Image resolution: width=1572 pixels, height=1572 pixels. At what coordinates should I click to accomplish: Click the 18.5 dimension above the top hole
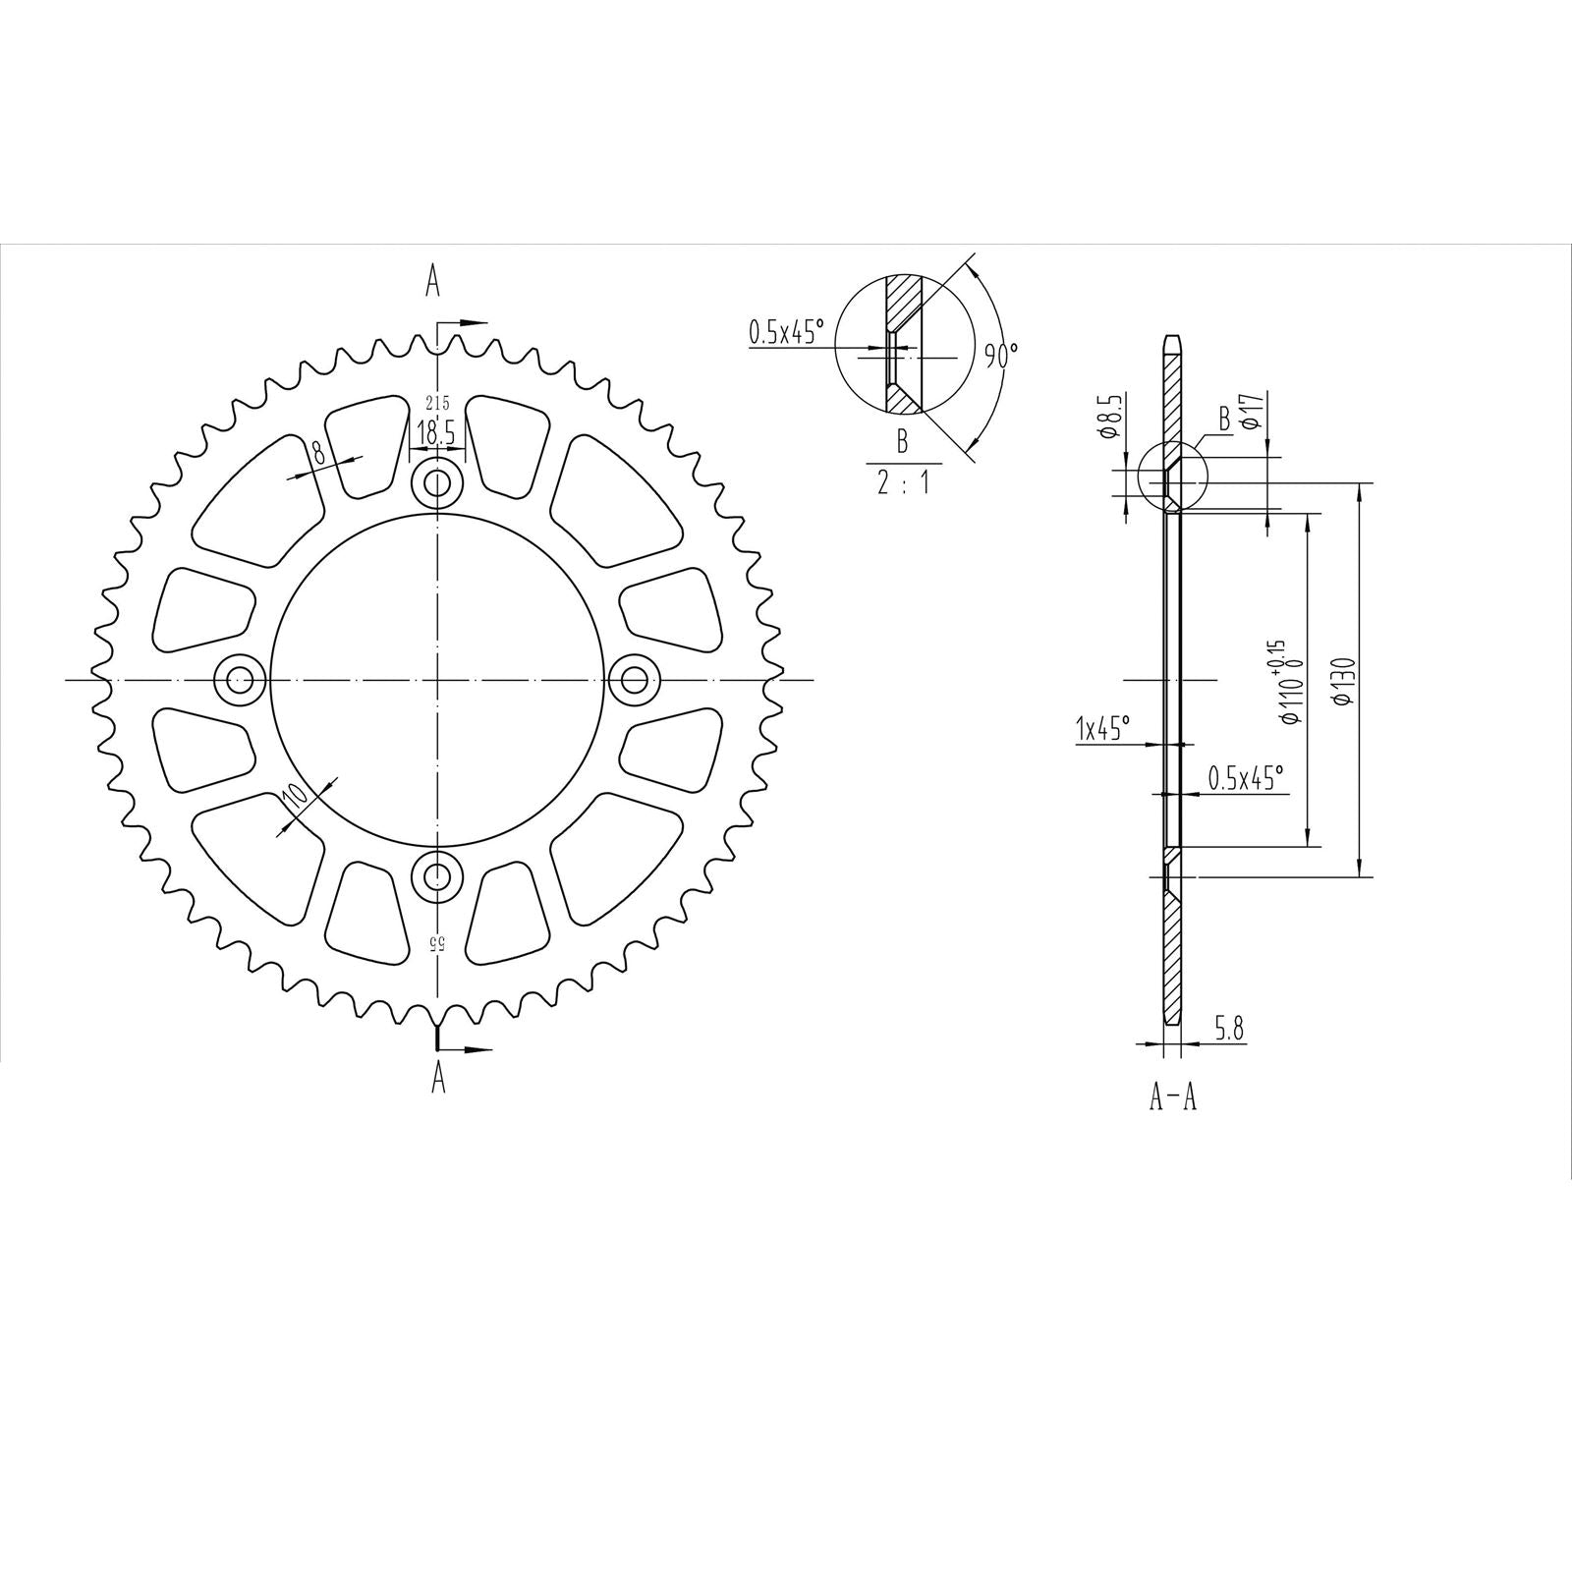click(435, 432)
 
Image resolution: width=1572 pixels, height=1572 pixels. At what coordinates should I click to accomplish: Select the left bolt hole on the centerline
click(240, 679)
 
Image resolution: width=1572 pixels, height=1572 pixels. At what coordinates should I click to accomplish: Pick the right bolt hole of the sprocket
click(635, 679)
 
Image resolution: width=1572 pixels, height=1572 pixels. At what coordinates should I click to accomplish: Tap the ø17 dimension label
click(1250, 410)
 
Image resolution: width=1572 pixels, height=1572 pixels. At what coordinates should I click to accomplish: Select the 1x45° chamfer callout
click(1103, 729)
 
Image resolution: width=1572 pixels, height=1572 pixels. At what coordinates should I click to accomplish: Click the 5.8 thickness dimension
click(1229, 1029)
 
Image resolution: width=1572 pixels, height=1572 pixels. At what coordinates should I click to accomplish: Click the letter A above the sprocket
click(432, 282)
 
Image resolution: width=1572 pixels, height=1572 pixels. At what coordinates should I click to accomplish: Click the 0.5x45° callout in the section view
click(1245, 779)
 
